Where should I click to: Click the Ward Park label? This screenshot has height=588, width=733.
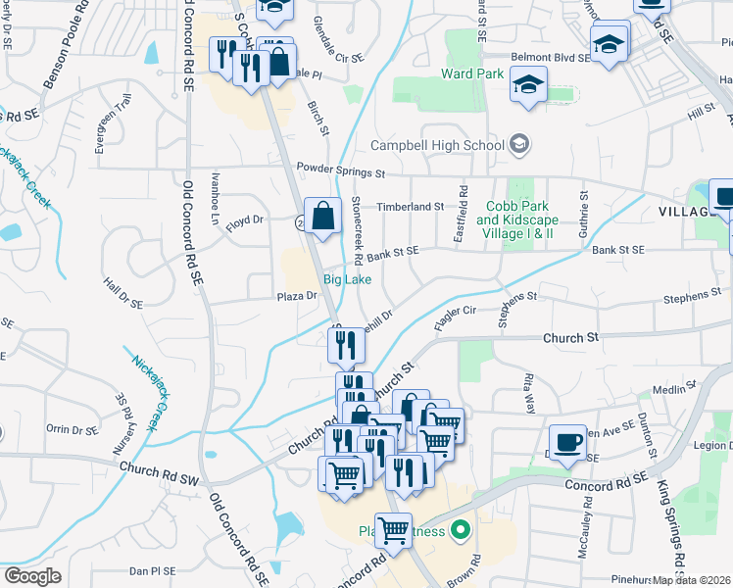click(472, 73)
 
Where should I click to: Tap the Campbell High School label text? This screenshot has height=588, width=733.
click(437, 146)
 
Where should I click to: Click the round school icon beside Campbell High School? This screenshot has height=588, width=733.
click(519, 145)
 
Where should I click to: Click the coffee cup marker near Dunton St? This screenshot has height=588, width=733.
click(567, 443)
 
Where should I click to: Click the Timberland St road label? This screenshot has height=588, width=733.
click(411, 207)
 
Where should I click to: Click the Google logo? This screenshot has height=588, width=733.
click(32, 575)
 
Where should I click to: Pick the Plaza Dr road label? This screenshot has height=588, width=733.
click(297, 295)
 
